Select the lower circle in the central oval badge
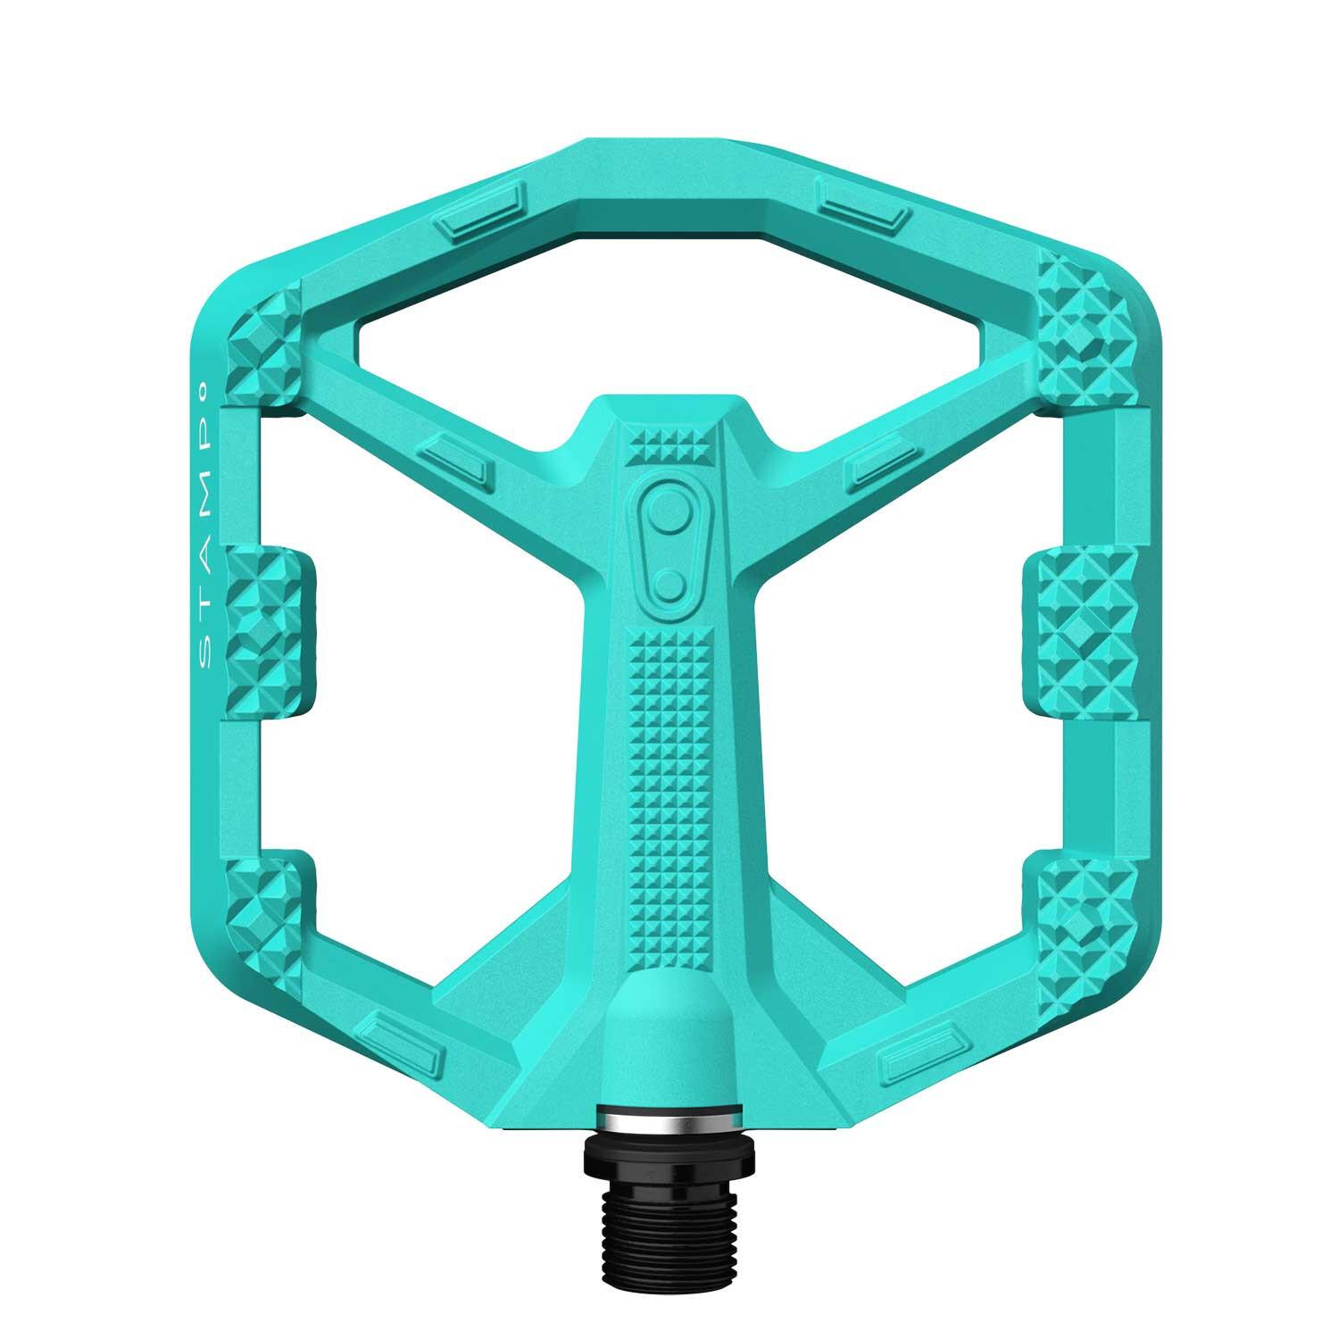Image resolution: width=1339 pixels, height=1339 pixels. click(x=665, y=586)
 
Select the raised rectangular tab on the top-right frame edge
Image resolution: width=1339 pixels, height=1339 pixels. click(x=861, y=205)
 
